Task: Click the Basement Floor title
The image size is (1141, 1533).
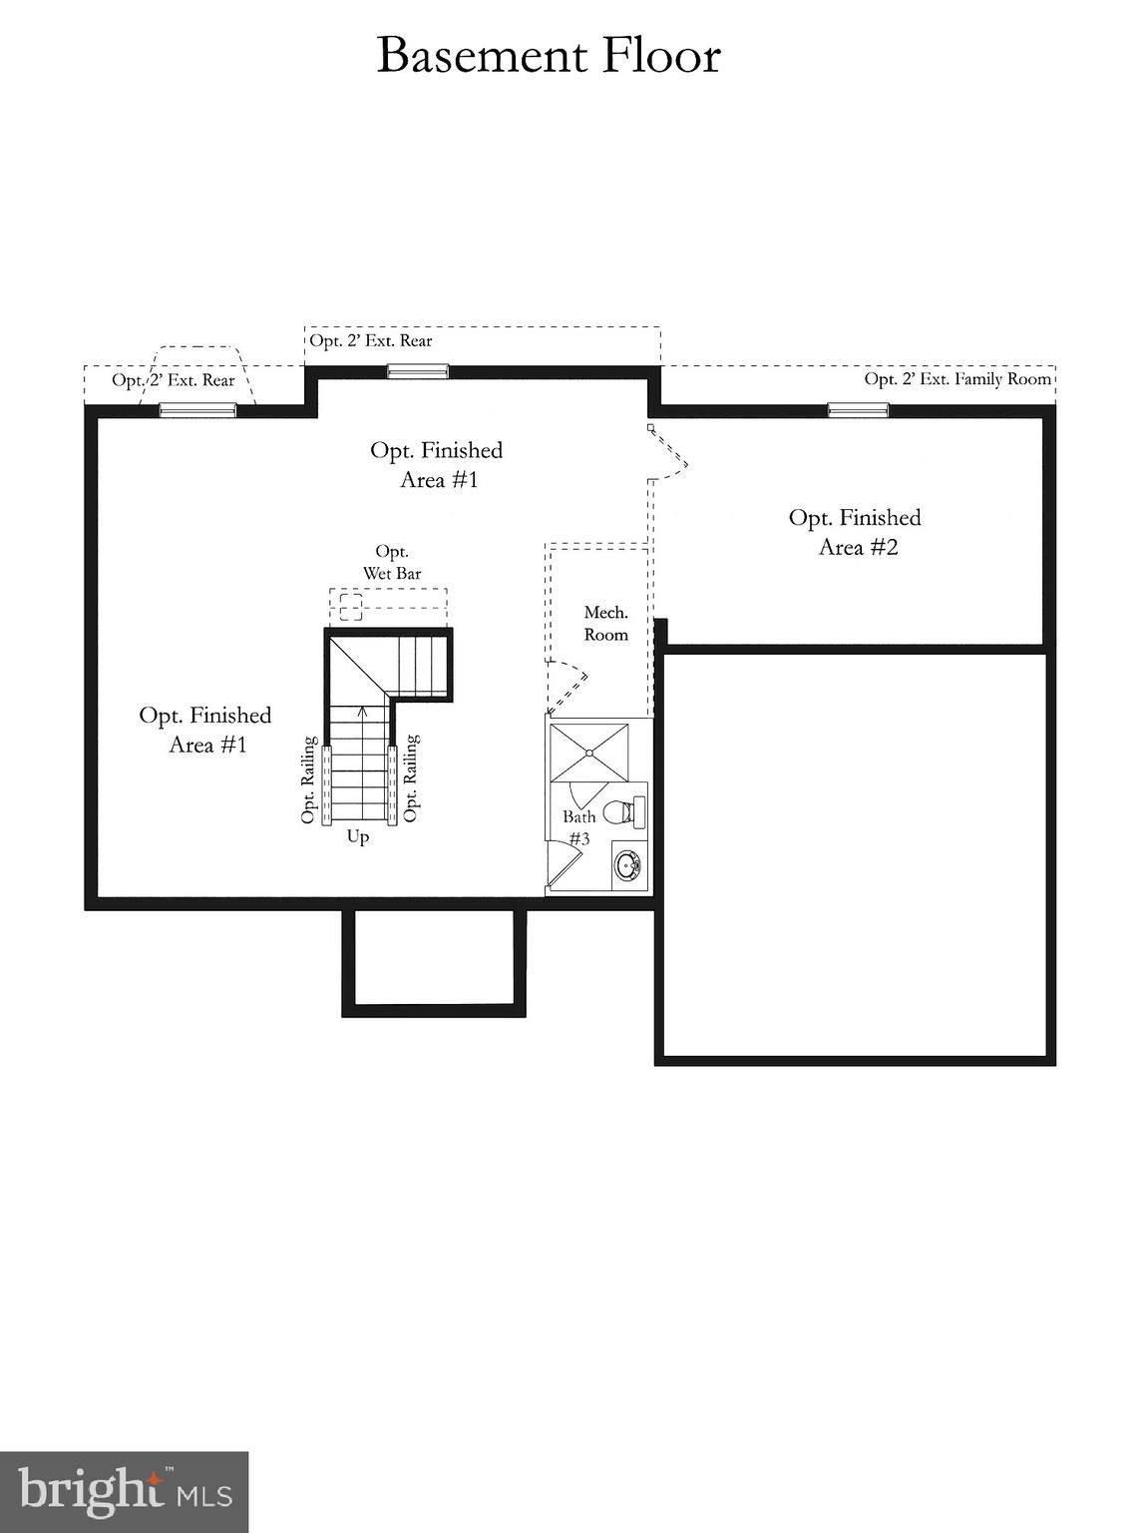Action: tap(549, 56)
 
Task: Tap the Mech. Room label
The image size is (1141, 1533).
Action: tap(605, 624)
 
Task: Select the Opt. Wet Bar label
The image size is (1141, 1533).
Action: tap(392, 563)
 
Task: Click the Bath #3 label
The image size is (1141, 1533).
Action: tap(578, 827)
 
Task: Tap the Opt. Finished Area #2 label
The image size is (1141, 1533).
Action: tap(856, 532)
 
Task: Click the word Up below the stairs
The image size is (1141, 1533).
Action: tap(358, 836)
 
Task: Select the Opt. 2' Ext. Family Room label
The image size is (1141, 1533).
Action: tap(957, 379)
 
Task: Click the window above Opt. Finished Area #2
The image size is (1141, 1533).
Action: tap(858, 409)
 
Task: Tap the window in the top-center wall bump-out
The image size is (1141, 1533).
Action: tap(418, 372)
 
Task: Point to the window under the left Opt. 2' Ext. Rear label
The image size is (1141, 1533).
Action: tap(198, 409)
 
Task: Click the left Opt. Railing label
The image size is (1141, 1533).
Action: tap(309, 780)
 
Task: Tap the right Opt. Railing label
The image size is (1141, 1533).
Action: tap(412, 778)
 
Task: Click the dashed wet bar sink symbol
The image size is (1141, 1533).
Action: tap(350, 606)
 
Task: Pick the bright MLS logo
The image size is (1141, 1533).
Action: tap(124, 1492)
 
